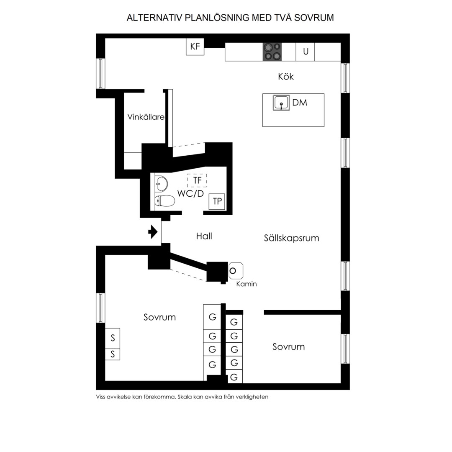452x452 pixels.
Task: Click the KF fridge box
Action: [x=195, y=46]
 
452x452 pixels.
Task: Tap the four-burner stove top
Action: [x=272, y=52]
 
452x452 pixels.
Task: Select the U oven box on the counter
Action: [x=305, y=51]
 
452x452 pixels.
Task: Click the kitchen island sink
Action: [x=281, y=103]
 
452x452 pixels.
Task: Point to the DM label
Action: [x=300, y=103]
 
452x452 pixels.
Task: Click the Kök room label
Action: [x=286, y=77]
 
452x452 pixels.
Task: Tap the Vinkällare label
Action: [x=146, y=117]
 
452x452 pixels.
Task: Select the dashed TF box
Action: [x=197, y=180]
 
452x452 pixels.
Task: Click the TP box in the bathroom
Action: [x=217, y=201]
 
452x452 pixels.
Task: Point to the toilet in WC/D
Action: [x=165, y=201]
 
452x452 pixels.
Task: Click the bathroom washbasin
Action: [x=162, y=184]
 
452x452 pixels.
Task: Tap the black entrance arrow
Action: [x=153, y=232]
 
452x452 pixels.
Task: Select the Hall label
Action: [x=204, y=236]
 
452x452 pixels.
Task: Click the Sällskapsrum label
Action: [x=291, y=238]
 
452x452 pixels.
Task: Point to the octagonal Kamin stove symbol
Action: [x=236, y=271]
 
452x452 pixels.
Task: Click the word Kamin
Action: [x=247, y=284]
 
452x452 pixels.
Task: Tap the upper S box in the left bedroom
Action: [x=113, y=338]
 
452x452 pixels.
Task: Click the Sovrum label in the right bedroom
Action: [x=288, y=347]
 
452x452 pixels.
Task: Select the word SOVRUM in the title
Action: [x=314, y=18]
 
